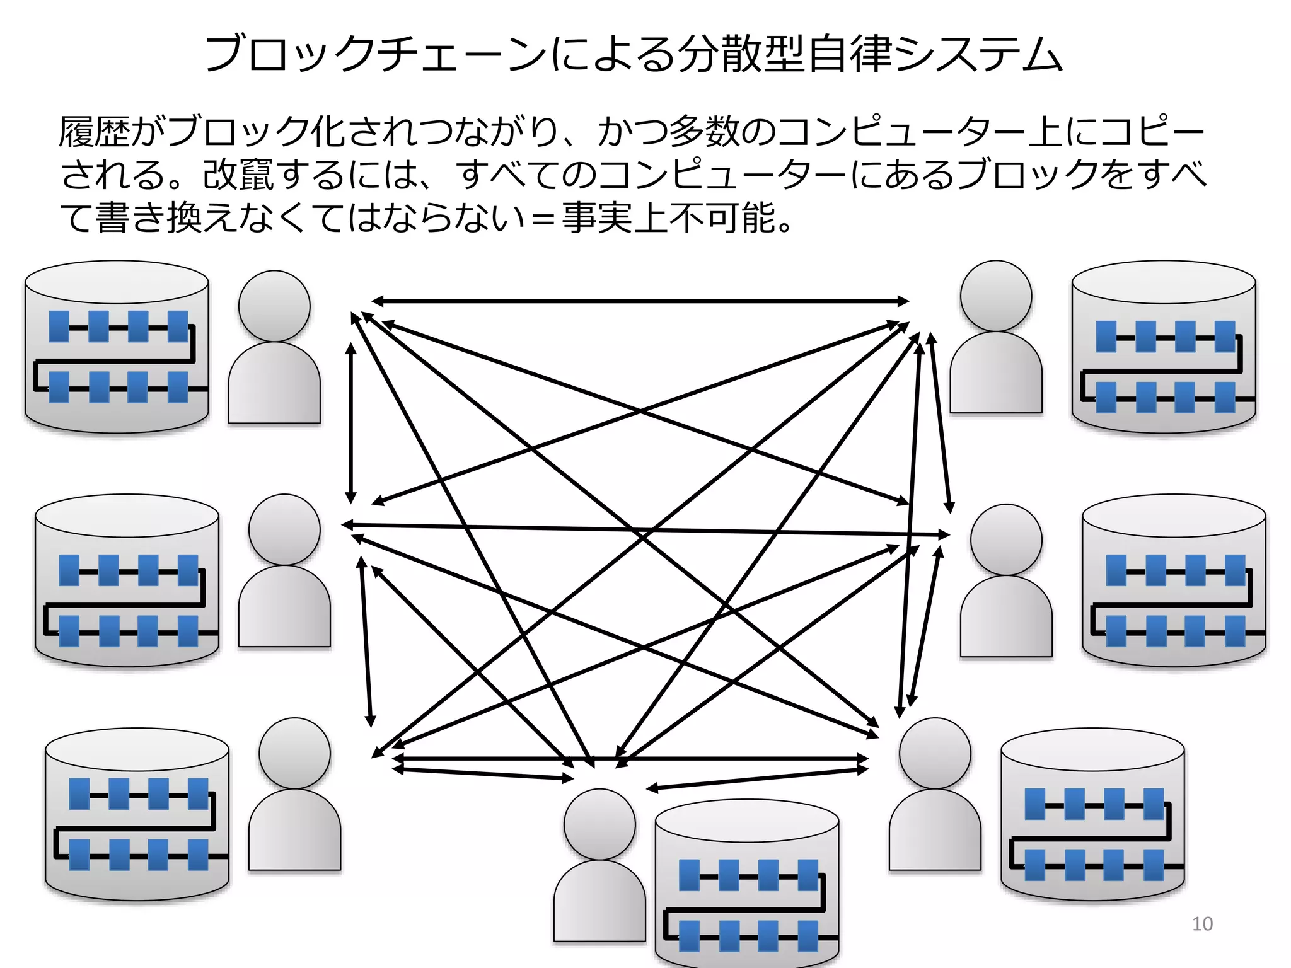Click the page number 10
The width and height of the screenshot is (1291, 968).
1202,924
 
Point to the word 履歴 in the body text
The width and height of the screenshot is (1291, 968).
95,132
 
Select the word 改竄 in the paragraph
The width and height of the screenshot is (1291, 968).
239,175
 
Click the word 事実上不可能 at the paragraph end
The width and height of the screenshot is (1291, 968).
668,218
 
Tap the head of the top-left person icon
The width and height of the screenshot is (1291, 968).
274,306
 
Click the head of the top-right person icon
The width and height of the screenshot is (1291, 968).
996,296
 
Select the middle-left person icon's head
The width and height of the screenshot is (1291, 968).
284,529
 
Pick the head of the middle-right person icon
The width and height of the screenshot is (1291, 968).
1006,539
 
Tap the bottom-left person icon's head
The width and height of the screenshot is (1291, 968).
294,752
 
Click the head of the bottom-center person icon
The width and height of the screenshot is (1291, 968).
599,824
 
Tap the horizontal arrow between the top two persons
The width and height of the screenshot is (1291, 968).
639,301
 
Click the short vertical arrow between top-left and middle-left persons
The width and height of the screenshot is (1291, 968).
351,422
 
